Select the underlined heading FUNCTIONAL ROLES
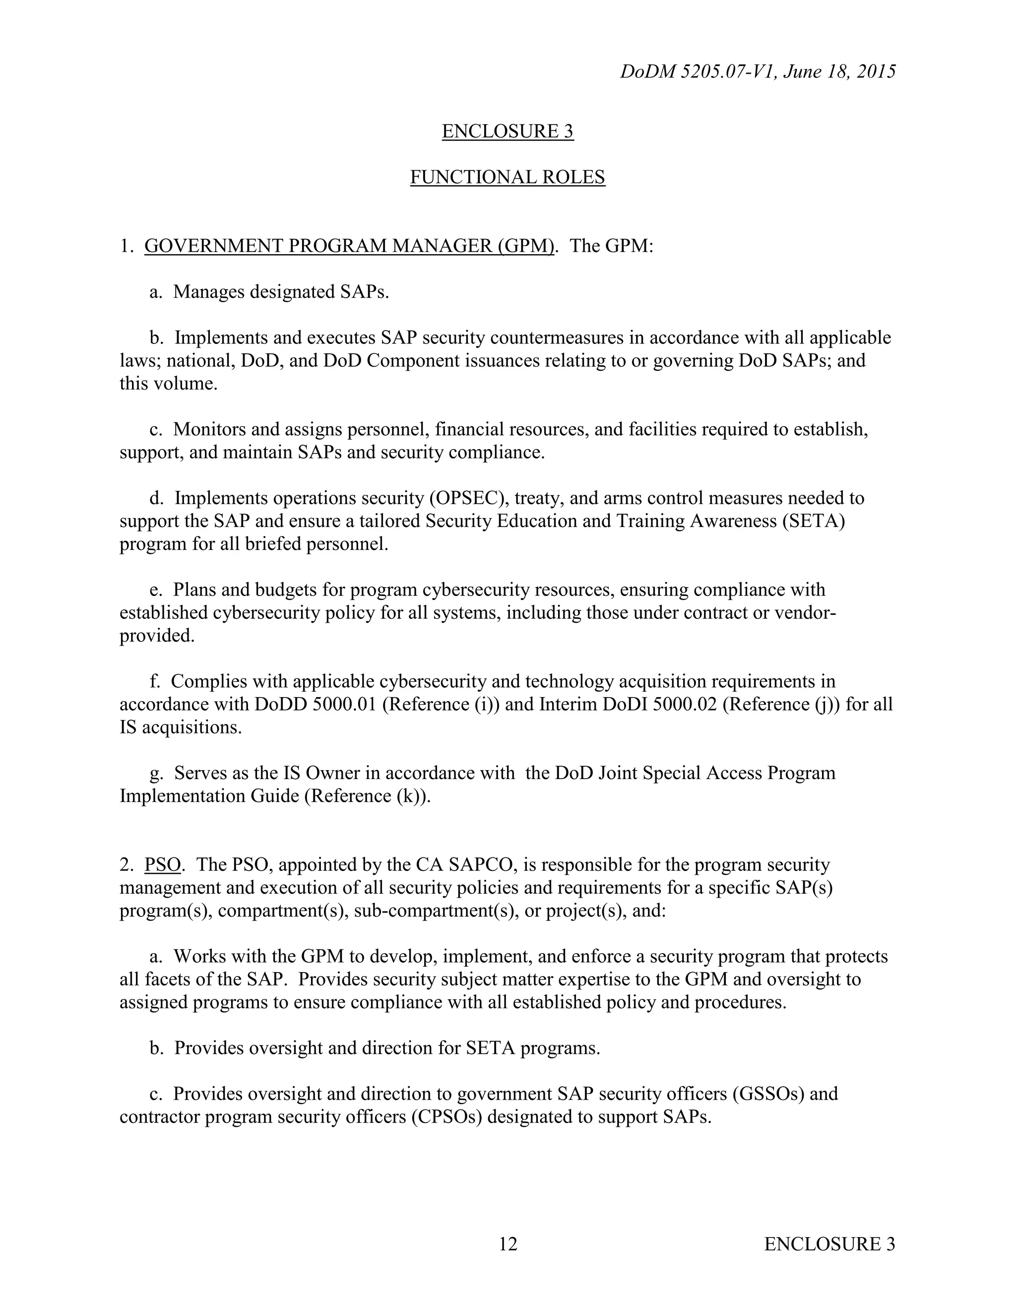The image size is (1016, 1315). click(x=508, y=177)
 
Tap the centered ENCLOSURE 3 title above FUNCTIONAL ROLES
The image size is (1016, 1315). click(x=508, y=131)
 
